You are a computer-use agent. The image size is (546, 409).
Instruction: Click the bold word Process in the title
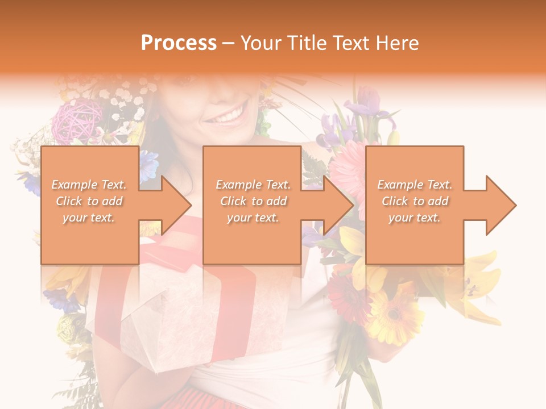179,43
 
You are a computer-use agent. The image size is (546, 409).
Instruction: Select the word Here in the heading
398,43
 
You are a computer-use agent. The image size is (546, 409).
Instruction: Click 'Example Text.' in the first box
89,185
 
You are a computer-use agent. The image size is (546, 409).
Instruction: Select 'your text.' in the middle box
253,218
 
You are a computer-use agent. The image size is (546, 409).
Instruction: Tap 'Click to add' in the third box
415,201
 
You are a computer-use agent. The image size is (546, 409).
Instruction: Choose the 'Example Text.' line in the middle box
253,185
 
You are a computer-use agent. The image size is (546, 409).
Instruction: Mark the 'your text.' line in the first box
89,218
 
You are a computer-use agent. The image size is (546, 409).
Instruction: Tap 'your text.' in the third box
415,218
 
